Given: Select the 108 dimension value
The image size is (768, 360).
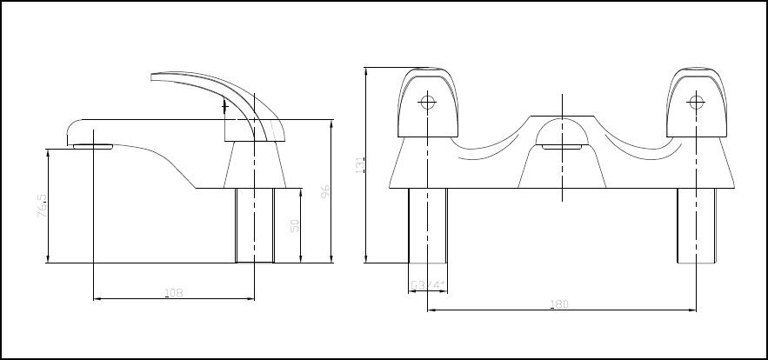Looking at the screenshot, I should point(173,293).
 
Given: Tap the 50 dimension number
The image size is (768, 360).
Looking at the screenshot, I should point(295,225).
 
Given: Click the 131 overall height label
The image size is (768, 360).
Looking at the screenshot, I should point(359,164).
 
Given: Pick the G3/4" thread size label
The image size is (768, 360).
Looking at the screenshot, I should point(428,283).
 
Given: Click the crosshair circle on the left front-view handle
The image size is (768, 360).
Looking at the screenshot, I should point(427,102).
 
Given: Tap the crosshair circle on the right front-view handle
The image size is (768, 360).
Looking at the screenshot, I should point(696,102).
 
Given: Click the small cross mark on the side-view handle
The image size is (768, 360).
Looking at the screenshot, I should point(226,108).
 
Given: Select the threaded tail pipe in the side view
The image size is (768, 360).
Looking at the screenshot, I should point(255,224).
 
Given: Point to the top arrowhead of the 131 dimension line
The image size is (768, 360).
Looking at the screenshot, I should point(366,70).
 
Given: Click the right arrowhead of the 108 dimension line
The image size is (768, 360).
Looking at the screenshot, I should point(251,299).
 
